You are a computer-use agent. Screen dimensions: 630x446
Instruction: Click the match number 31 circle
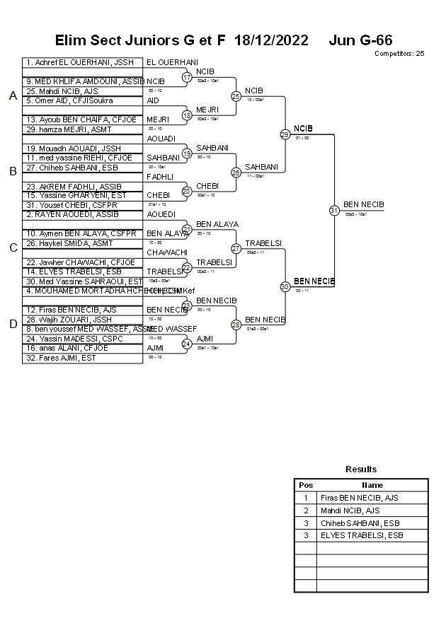[x=334, y=210]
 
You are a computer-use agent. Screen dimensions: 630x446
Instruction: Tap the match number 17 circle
[x=187, y=77]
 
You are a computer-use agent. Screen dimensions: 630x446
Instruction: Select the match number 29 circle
[x=285, y=134]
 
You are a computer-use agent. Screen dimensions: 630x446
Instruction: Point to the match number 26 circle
[x=236, y=173]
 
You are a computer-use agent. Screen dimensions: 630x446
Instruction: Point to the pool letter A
[x=13, y=96]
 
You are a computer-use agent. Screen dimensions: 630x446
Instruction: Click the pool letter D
[x=13, y=325]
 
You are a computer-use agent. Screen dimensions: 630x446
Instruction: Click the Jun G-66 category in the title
[x=360, y=40]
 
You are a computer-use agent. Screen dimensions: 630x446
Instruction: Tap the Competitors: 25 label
[x=399, y=53]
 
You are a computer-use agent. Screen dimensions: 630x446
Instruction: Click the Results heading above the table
[x=361, y=469]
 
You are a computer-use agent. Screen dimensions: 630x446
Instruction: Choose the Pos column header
[x=306, y=485]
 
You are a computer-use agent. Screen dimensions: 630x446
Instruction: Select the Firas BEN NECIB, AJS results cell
[x=359, y=498]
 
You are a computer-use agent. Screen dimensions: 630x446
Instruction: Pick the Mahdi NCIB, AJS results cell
[x=350, y=511]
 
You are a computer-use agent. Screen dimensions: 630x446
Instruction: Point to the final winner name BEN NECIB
[x=364, y=204]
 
